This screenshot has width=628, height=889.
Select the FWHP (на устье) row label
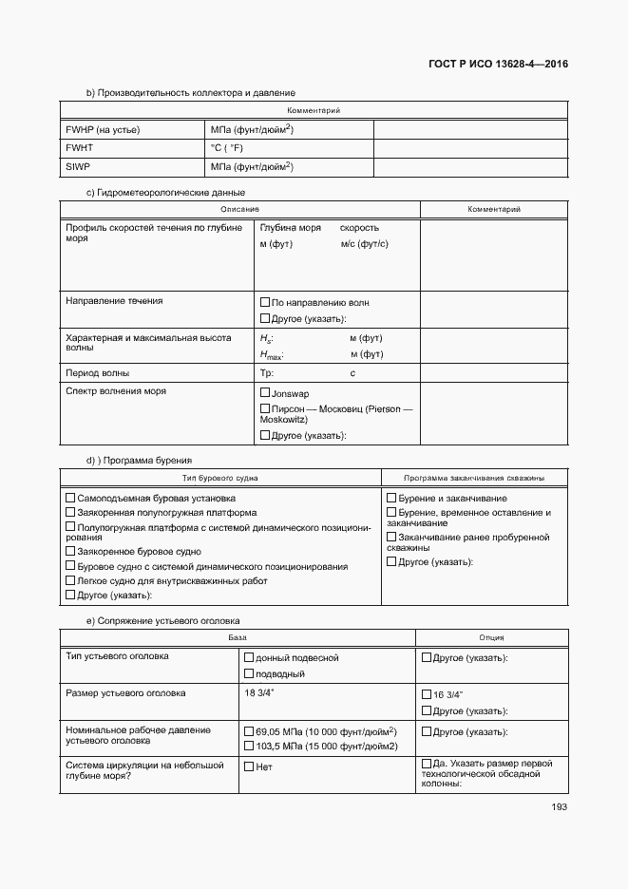[103, 130]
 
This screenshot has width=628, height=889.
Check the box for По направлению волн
[265, 302]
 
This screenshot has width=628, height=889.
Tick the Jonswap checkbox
[265, 392]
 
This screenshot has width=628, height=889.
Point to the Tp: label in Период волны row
[267, 373]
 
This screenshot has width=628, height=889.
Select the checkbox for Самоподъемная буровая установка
[70, 498]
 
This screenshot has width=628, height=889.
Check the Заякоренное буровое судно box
[70, 550]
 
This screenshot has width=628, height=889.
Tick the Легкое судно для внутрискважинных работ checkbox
[70, 580]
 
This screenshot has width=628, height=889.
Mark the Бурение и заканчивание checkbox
[391, 498]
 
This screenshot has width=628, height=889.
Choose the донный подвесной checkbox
[249, 657]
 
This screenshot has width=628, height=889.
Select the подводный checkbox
[249, 673]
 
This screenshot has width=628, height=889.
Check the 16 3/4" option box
[426, 693]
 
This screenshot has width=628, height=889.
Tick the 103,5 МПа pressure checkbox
[249, 746]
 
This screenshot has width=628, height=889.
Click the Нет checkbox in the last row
[249, 766]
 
